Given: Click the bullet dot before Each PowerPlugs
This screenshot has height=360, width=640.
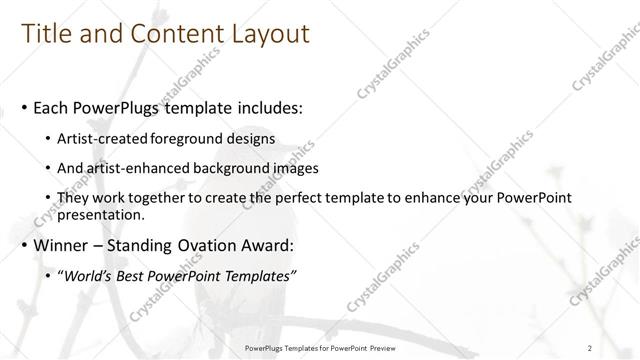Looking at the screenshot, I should pos(24,106).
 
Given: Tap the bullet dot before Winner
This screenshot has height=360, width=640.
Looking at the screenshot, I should pos(24,246).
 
